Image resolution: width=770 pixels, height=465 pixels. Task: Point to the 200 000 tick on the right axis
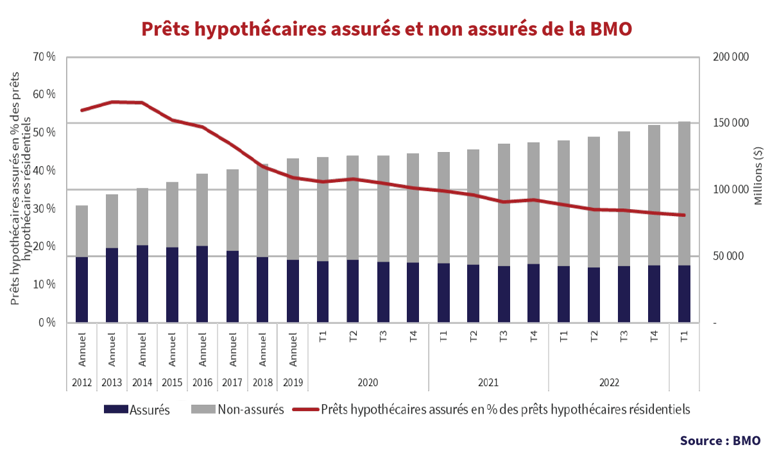[731, 57]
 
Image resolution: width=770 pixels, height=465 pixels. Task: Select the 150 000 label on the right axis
[731, 123]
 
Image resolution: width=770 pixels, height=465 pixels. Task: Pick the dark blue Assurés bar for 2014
[142, 283]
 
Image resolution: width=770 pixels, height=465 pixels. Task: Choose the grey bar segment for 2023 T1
[684, 192]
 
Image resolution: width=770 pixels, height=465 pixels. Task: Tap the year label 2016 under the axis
[202, 382]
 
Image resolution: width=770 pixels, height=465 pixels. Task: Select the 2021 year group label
[488, 382]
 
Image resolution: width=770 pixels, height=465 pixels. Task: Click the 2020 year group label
[368, 382]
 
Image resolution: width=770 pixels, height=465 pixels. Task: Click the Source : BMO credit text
[720, 441]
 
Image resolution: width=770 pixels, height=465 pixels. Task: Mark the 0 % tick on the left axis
[46, 323]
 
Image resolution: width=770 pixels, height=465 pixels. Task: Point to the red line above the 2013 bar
[112, 102]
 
